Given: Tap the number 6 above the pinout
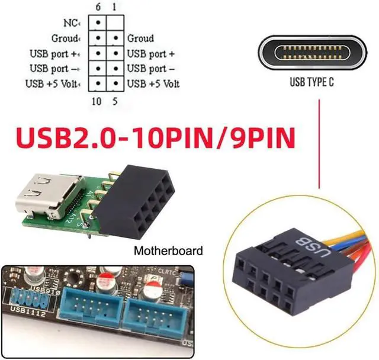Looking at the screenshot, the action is click(98, 6).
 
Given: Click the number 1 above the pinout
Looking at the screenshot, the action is click(114, 6).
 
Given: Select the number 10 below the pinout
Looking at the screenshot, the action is click(97, 101).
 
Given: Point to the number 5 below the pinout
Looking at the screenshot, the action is click(114, 101).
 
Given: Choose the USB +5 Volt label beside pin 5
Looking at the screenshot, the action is click(153, 83).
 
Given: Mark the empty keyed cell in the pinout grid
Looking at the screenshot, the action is click(115, 23).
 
